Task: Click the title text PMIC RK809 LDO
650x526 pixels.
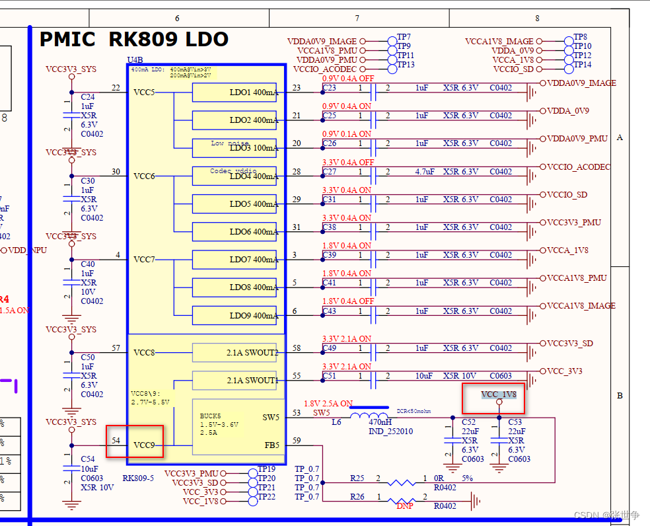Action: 134,40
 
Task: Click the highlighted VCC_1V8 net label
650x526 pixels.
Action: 499,394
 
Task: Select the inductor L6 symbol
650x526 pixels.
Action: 369,417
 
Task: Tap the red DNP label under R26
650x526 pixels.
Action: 405,505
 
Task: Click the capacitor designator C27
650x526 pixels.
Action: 330,172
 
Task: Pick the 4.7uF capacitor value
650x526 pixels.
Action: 424,172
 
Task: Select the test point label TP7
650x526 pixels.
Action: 404,38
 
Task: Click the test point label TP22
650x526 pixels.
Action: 266,497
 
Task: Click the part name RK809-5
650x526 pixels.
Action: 138,477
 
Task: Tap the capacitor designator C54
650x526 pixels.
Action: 87,459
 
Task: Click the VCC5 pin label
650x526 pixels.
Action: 144,92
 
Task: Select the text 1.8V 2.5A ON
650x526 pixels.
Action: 328,404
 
